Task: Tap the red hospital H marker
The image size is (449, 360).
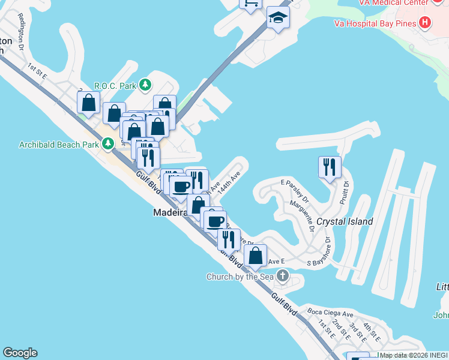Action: coord(425,23)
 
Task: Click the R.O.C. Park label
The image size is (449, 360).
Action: coord(115,86)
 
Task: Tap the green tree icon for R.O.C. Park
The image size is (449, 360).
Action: coord(145,85)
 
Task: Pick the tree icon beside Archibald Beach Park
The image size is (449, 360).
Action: coord(107,144)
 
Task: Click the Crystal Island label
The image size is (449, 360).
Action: coord(345,221)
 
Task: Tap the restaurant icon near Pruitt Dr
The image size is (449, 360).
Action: coord(329,167)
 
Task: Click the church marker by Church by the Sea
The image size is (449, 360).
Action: coord(282,276)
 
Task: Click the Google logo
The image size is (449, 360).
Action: coord(20,353)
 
